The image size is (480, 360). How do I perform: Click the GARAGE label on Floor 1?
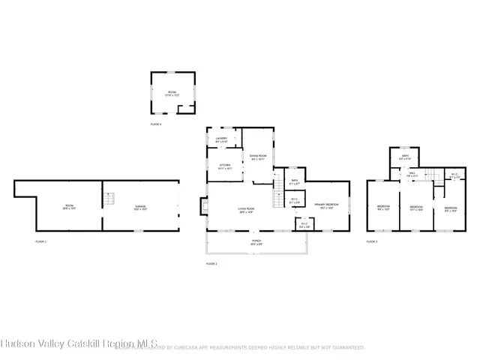click(140, 207)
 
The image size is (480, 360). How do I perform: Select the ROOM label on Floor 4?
click(172, 91)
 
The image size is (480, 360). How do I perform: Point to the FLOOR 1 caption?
click(40, 241)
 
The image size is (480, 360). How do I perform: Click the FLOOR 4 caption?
click(156, 124)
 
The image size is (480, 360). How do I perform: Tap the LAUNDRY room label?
click(221, 139)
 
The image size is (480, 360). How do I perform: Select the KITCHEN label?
click(225, 166)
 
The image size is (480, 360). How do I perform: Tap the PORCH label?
click(256, 242)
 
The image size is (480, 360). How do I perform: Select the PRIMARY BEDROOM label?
click(326, 205)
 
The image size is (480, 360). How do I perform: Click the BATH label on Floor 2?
click(295, 181)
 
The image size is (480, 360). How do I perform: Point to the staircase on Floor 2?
click(279, 185)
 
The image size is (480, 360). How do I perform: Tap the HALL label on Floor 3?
click(412, 175)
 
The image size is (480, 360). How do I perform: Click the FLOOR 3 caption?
click(371, 241)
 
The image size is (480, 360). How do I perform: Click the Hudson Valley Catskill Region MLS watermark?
click(79, 346)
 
